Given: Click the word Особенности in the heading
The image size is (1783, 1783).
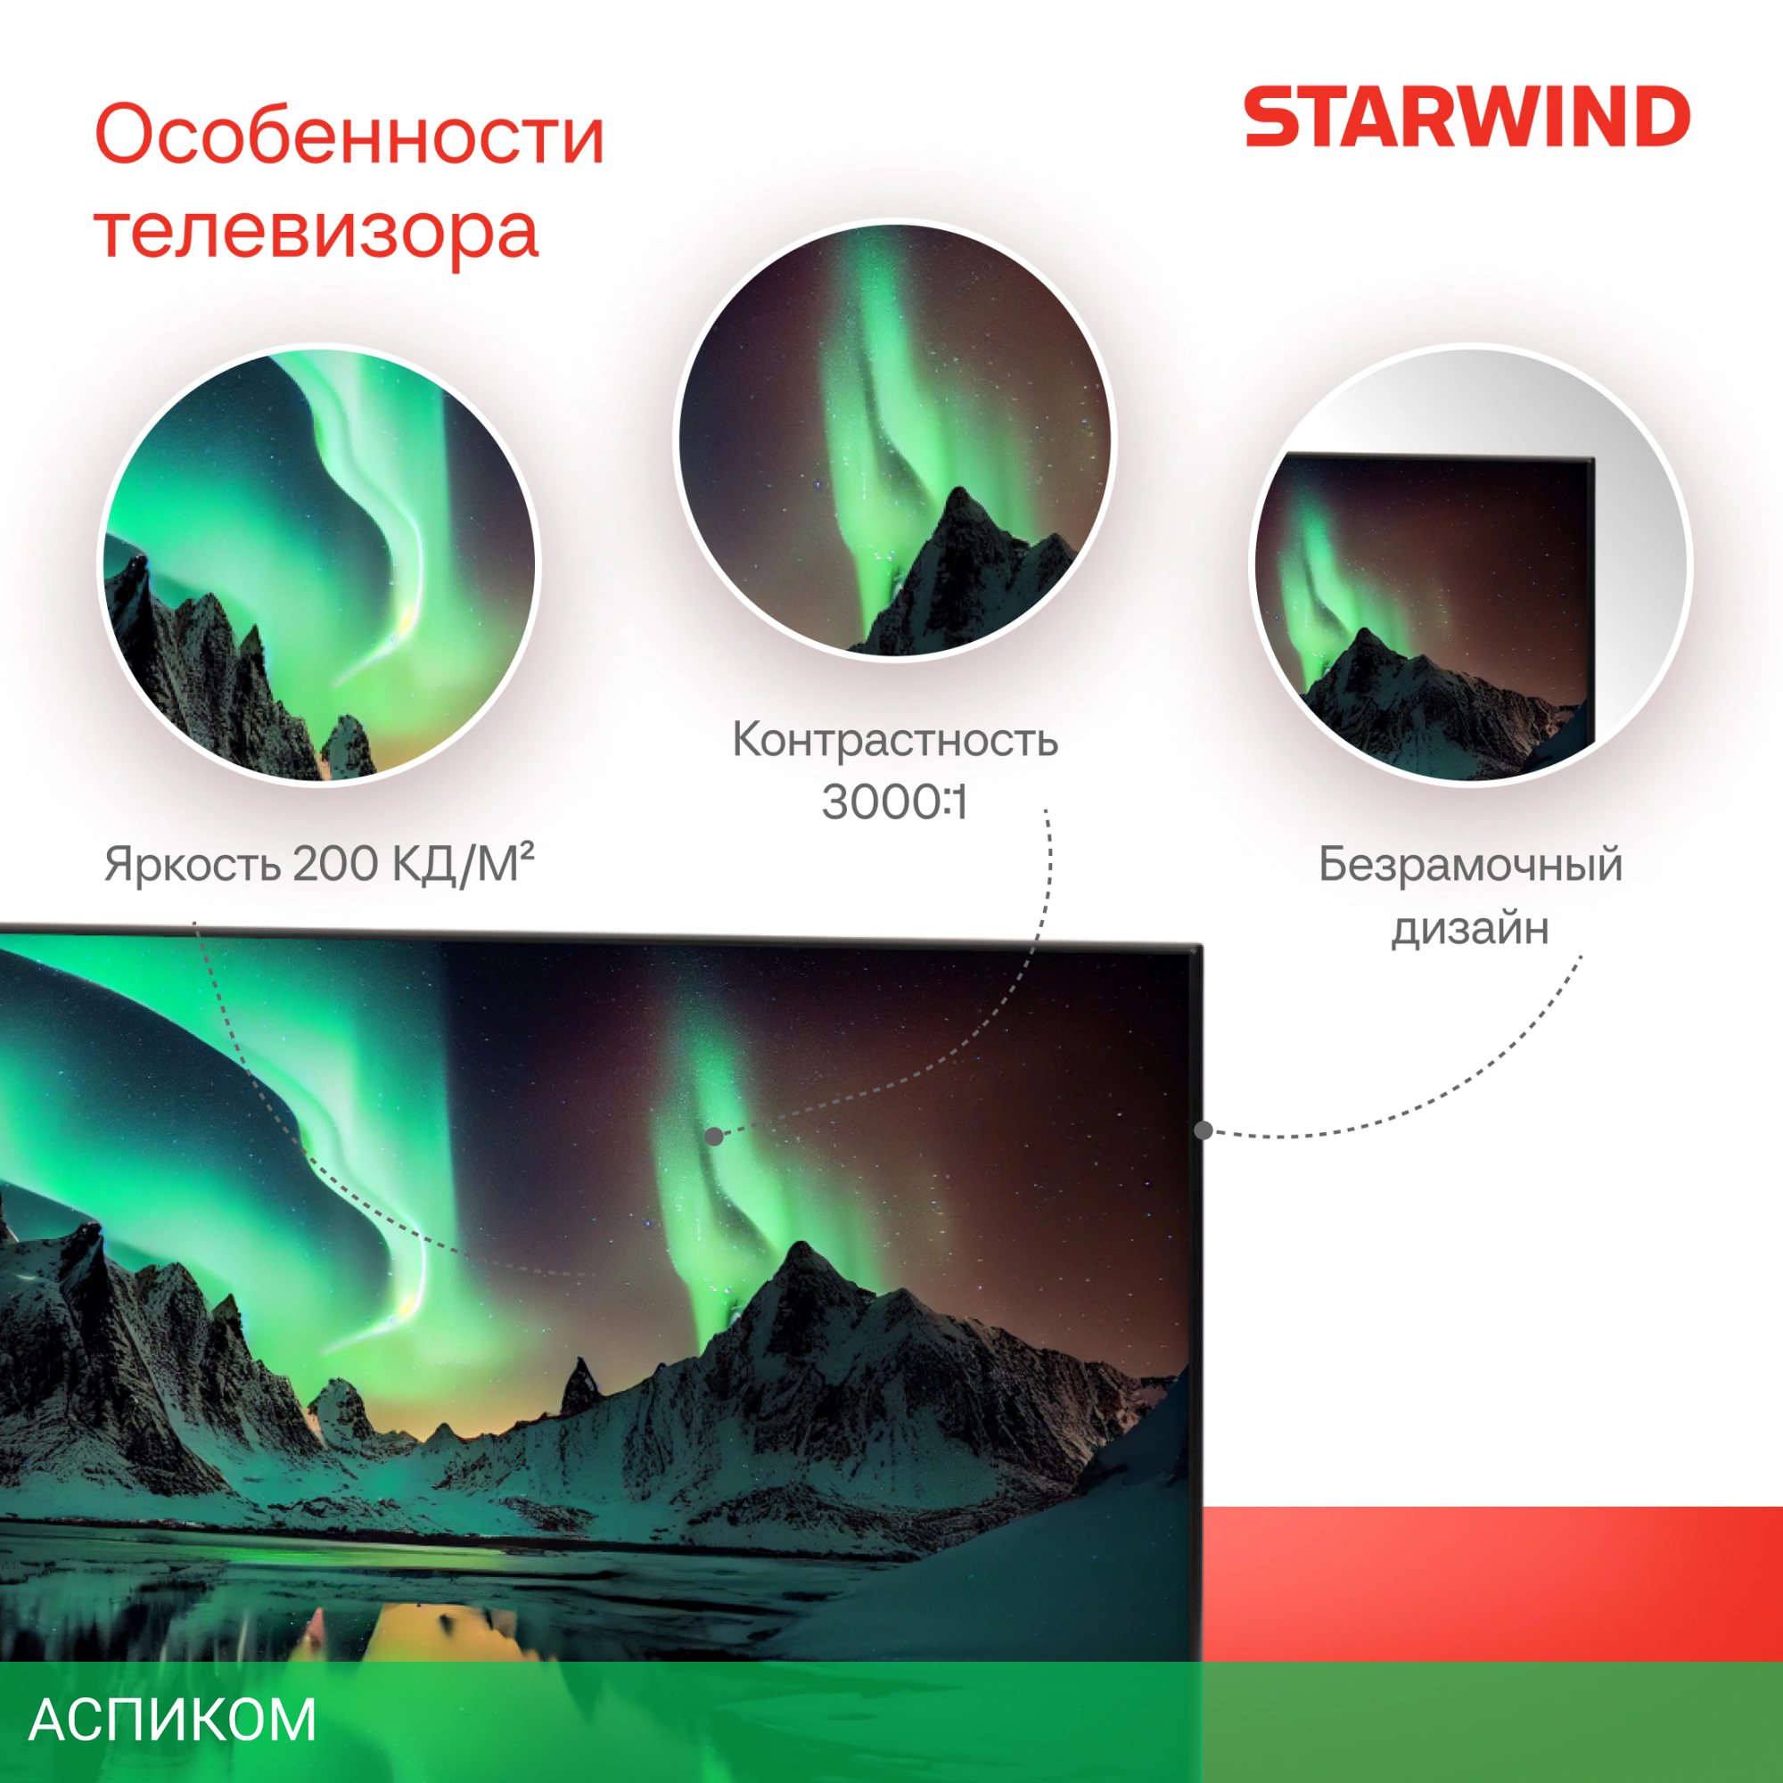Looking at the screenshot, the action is point(349,135).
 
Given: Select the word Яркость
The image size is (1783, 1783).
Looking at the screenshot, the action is point(192,866).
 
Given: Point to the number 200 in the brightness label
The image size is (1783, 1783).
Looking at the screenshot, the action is point(336,864).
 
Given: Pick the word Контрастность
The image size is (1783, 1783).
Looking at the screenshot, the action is point(894,739).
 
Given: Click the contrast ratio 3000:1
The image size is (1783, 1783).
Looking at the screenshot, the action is point(894,802).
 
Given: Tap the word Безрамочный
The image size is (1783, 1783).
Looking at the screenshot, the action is point(1470,866).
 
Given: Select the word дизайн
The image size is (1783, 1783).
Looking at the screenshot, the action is point(1470,928).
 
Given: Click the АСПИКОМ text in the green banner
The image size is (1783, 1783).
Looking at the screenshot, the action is point(173,1721).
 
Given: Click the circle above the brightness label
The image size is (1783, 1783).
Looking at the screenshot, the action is point(318,564).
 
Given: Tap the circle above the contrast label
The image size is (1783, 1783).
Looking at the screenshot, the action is point(894,440).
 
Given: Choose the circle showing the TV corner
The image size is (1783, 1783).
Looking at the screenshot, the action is point(1470,564).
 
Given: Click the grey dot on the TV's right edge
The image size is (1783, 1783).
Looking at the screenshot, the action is point(1204,1130).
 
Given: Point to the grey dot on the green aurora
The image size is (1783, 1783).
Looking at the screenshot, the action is point(714,1136).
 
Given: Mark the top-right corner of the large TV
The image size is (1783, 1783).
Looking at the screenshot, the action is point(1202,945).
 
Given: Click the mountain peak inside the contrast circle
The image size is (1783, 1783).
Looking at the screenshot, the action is point(961,489).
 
